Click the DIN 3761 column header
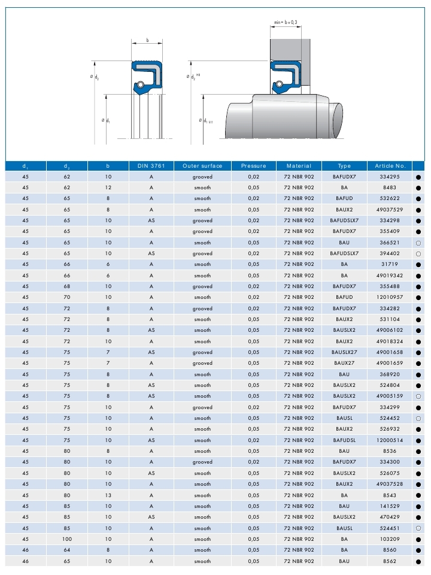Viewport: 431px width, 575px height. pos(151,166)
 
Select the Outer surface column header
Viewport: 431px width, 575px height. pos(202,166)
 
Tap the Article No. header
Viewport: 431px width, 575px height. pos(390,166)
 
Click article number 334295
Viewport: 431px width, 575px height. pos(390,177)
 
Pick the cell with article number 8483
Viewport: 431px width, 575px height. pos(390,188)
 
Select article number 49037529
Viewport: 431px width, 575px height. pos(390,210)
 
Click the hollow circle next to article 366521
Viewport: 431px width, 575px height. pos(418,243)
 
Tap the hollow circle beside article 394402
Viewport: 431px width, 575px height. pos(418,254)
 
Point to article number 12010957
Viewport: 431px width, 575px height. pos(390,298)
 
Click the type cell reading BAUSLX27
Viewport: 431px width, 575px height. pos(344,353)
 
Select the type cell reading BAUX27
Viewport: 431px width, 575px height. pos(344,364)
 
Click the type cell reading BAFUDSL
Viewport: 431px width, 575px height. pos(344,440)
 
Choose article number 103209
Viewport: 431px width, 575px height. pos(390,539)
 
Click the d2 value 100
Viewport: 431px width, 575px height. pos(66,539)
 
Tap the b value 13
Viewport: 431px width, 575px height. pos(108,495)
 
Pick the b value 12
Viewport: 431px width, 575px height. pos(108,188)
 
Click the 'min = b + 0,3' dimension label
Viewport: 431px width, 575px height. pos(286,22)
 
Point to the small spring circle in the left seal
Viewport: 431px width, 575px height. pos(138,84)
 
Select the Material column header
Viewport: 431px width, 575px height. pos(299,166)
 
